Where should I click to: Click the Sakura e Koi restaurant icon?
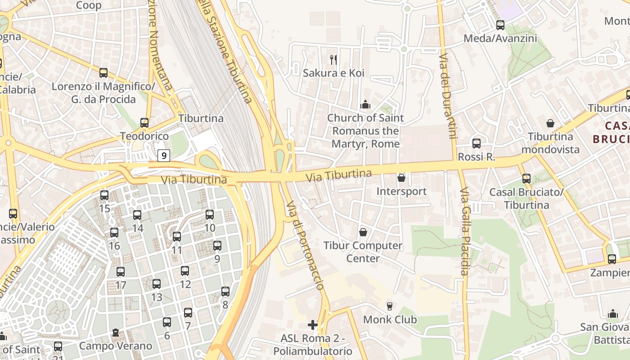pos(333,59)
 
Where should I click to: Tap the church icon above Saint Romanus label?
pos(365,105)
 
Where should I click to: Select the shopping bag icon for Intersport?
pos(401,178)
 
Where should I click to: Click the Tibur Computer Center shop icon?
pos(363,232)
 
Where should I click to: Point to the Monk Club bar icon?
pos(390,306)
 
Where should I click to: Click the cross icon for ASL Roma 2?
pos(313,324)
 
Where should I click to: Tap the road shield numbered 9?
pos(164,156)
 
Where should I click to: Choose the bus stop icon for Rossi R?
pos(477,144)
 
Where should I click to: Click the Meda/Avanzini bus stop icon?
pos(500,25)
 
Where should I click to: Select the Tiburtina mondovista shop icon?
pos(550,123)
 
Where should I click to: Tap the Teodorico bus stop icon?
pos(144,122)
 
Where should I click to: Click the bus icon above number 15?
pos(104,195)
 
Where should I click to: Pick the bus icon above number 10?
pos(210,215)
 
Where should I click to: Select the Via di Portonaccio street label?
pos(305,245)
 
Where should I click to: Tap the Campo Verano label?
pos(116,346)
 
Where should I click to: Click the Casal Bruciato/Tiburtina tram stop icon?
pos(526,179)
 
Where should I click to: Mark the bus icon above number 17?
pos(121,272)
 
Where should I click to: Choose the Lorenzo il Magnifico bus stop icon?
pos(103,72)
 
